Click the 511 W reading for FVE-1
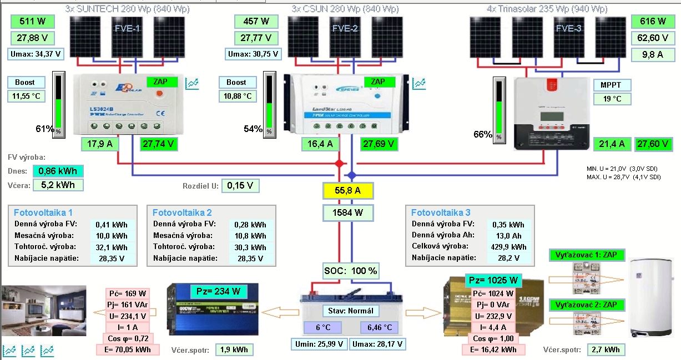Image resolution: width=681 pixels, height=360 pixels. pos(32,22)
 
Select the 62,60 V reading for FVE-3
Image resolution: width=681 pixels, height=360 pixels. pos(653,38)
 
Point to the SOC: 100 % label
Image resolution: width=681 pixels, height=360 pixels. pos(351,271)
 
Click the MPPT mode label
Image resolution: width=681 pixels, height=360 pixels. pos(611,85)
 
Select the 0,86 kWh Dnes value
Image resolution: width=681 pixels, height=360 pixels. pos(58,171)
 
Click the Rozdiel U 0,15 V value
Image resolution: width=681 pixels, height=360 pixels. pos(241,186)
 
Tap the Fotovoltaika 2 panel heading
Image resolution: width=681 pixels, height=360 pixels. pos(182,212)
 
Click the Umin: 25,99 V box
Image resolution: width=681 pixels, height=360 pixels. pos(319,344)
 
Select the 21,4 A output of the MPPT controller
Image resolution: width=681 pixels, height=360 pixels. pos(612,144)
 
